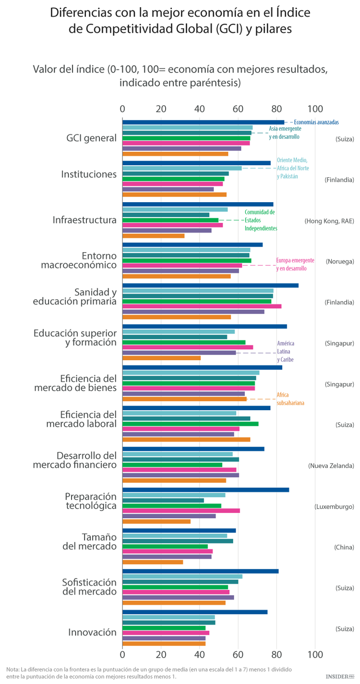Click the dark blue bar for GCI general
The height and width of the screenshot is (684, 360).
tap(203, 122)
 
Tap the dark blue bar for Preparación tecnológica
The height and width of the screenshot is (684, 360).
tap(205, 489)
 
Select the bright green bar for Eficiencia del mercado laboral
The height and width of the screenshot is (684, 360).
tap(190, 424)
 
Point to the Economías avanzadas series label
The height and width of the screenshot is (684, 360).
tap(316, 122)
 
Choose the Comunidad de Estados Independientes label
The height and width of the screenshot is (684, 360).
tap(261, 220)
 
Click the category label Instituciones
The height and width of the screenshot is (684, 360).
tap(89, 174)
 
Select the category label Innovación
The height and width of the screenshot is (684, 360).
tap(92, 632)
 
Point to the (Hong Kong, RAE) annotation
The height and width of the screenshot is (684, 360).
tap(329, 221)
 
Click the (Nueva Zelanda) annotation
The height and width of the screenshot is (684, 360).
tap(331, 465)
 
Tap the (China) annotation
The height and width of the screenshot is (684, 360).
tap(344, 547)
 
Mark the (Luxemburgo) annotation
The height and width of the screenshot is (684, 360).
tap(334, 506)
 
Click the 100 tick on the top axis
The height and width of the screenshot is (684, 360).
tap(315, 108)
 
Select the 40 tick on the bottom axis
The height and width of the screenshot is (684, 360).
tap(200, 654)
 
